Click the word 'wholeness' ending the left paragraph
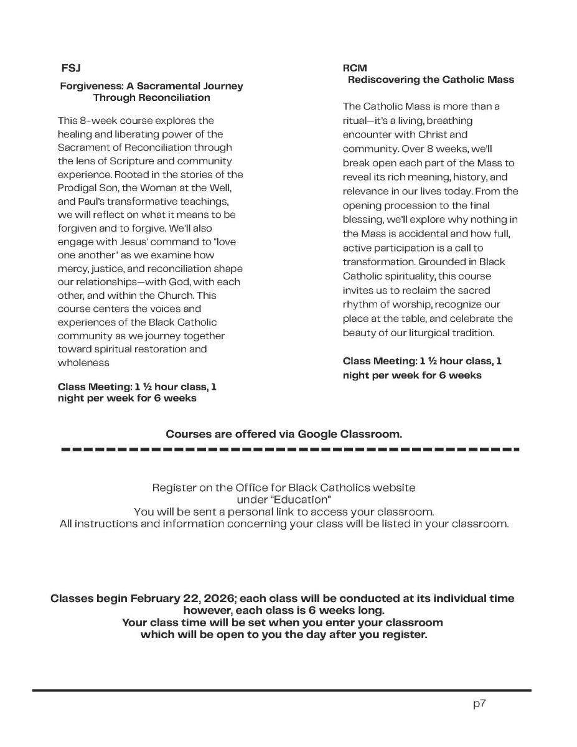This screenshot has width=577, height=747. [83, 362]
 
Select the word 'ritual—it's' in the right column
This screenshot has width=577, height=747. [366, 120]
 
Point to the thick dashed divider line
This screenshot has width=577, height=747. [289, 449]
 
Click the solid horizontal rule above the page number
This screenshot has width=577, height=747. [281, 690]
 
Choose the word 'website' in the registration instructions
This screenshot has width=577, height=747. [395, 487]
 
